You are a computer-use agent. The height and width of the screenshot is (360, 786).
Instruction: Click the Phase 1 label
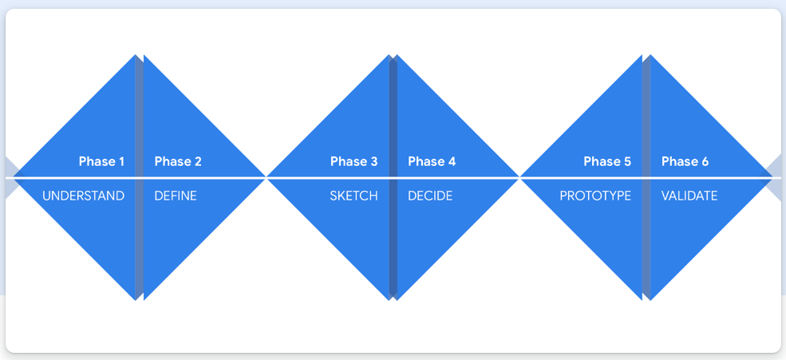(101, 161)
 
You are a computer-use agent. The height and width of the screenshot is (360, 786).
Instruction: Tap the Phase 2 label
(178, 161)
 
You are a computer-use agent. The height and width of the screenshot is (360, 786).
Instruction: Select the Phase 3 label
(354, 161)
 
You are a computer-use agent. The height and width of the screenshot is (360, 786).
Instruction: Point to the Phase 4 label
(432, 161)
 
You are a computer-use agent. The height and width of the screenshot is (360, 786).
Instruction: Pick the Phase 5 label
(607, 161)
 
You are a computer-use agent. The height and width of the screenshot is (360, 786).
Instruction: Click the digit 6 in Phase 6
(705, 161)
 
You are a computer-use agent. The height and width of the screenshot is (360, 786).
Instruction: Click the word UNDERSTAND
(83, 196)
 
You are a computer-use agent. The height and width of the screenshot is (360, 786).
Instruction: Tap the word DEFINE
(176, 196)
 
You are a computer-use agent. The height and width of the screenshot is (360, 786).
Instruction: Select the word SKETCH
(354, 196)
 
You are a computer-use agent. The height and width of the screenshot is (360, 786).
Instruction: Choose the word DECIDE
(430, 196)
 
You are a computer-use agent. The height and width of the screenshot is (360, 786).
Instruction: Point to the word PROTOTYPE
(595, 196)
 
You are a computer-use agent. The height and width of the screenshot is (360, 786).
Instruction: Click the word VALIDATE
(689, 196)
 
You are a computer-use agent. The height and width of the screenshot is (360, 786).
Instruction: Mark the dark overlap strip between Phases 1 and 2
(140, 177)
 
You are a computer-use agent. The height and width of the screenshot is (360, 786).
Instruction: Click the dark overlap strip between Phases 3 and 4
(393, 177)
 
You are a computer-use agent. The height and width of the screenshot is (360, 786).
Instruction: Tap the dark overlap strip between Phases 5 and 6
(646, 177)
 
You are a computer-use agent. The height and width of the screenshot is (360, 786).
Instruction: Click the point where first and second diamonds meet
(267, 177)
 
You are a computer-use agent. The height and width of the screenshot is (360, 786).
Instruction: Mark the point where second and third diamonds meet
(519, 177)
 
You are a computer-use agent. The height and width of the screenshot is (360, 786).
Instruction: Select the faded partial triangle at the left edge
(12, 177)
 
